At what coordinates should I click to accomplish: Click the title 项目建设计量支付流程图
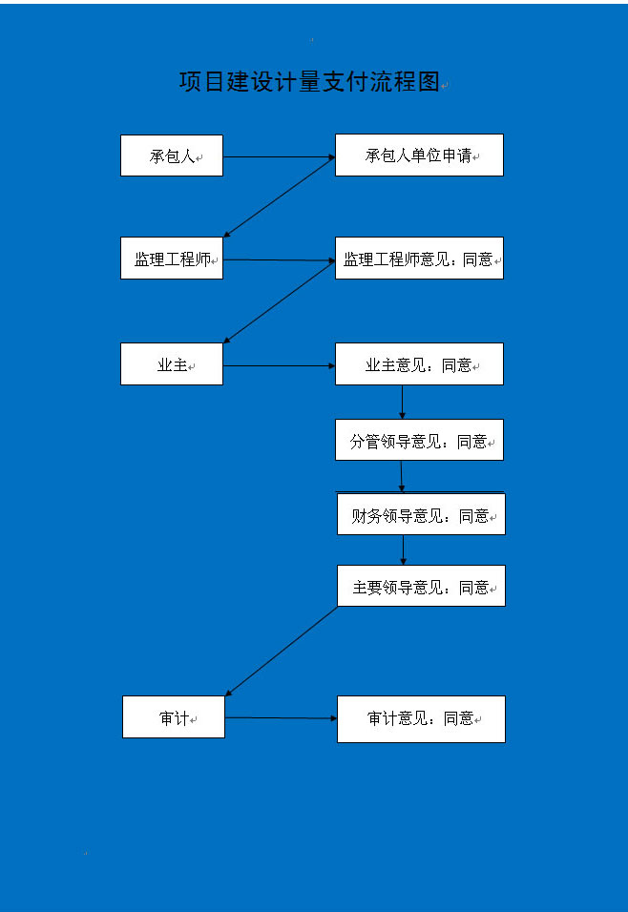(309, 81)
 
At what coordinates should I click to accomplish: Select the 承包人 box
(172, 155)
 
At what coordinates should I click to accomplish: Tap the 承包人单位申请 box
(419, 155)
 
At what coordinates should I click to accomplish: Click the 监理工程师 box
(172, 259)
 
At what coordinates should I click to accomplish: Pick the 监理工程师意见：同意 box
(419, 259)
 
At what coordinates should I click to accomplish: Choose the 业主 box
(172, 364)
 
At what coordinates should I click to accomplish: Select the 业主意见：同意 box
(419, 364)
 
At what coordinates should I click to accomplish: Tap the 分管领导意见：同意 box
(419, 441)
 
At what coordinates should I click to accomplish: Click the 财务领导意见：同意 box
(422, 514)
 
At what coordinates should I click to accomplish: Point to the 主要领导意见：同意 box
(422, 586)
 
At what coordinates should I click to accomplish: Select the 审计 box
(174, 717)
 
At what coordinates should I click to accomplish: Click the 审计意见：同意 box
(422, 719)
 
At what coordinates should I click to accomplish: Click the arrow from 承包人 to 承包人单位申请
(280, 157)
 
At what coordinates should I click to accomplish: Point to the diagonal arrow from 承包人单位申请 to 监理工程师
(280, 197)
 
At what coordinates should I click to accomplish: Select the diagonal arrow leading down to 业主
(280, 301)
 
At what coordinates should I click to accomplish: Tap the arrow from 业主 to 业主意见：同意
(280, 365)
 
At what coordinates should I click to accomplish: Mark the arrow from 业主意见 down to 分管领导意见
(402, 402)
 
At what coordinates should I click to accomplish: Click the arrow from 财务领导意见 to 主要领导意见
(404, 550)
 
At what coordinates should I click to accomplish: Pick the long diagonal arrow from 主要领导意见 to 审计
(282, 652)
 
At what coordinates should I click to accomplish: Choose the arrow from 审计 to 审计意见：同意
(282, 717)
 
